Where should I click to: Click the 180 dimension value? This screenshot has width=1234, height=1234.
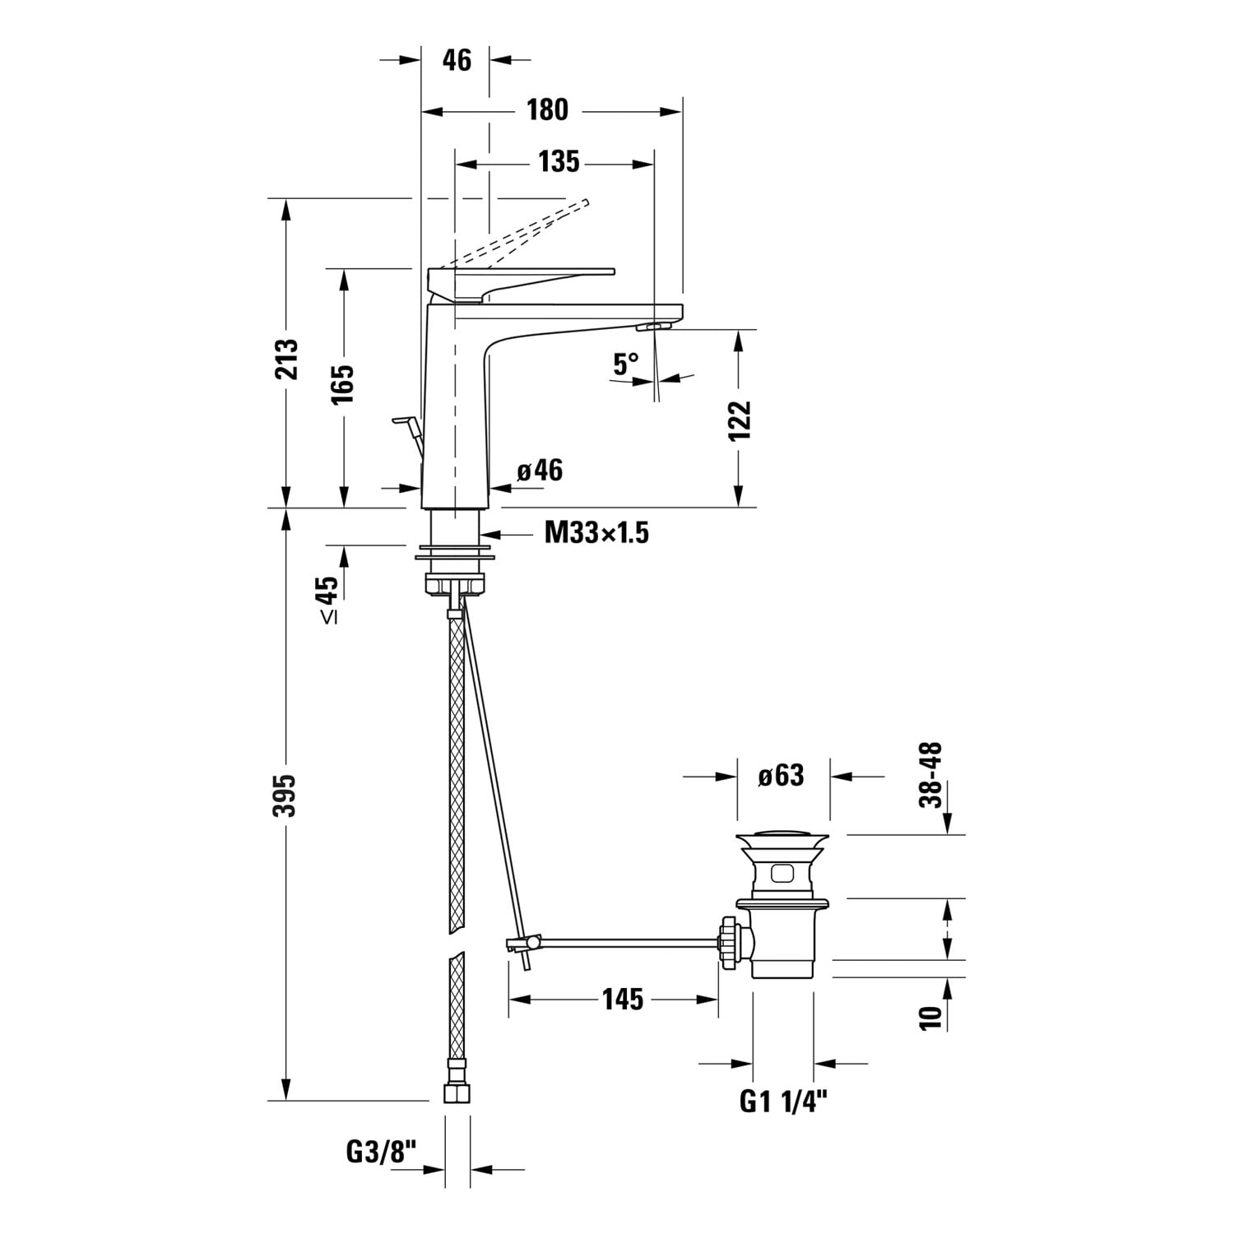pyautogui.click(x=547, y=109)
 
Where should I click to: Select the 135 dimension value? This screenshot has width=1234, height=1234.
pyautogui.click(x=559, y=162)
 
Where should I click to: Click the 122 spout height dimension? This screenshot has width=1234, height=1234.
pyautogui.click(x=740, y=420)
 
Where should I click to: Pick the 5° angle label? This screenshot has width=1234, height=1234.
pyautogui.click(x=626, y=364)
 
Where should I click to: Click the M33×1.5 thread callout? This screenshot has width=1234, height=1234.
pyautogui.click(x=597, y=533)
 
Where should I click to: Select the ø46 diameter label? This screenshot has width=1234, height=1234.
pyautogui.click(x=540, y=471)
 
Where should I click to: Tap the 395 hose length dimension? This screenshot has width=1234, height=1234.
pyautogui.click(x=285, y=795)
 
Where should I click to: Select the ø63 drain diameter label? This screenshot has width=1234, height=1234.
pyautogui.click(x=781, y=775)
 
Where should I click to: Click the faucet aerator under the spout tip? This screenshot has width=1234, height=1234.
pyautogui.click(x=654, y=327)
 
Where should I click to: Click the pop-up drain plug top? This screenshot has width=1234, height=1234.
pyautogui.click(x=782, y=838)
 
